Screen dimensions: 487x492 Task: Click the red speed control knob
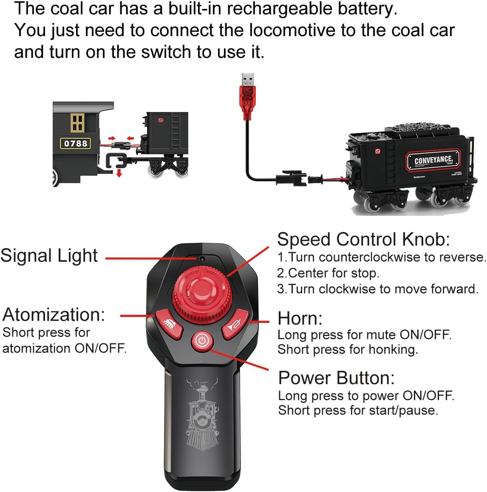point(202,294)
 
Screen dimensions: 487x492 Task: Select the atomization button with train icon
point(169,324)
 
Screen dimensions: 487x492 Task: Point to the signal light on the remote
point(202,259)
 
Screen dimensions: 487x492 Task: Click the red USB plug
point(248,96)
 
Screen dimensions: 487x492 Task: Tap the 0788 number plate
point(76,144)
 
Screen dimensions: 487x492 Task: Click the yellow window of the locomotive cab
point(77,123)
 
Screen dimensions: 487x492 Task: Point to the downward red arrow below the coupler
point(119,172)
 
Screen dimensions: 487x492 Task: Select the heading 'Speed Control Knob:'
point(364,239)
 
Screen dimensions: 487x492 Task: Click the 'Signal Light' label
point(49,256)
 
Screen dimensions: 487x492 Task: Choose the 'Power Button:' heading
point(337,378)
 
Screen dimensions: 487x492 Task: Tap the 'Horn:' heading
point(300,319)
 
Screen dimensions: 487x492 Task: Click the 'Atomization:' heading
point(54,314)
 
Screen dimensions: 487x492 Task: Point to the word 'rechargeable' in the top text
point(280,9)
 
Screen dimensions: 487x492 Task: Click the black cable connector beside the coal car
point(291,178)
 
